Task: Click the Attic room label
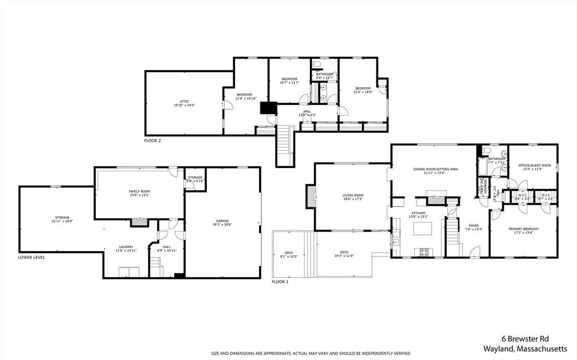(x=184, y=103)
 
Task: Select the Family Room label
(x=138, y=193)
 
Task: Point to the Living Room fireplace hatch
(x=310, y=197)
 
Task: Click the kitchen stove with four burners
(x=424, y=251)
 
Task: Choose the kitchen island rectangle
(x=422, y=228)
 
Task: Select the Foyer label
(x=473, y=227)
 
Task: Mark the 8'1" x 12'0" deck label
(x=288, y=255)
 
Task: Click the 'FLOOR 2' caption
(x=152, y=140)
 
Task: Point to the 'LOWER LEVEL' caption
(x=31, y=257)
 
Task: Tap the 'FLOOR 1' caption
(x=280, y=282)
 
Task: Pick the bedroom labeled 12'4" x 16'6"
(x=363, y=90)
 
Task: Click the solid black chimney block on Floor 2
(x=266, y=108)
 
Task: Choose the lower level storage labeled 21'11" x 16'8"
(x=62, y=219)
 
